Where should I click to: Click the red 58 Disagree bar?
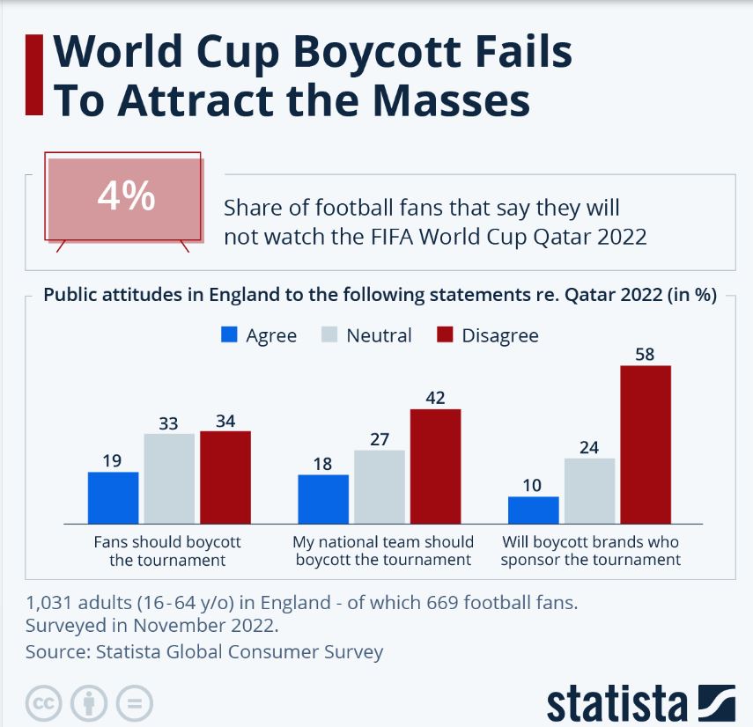(646, 444)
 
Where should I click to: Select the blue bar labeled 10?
(534, 510)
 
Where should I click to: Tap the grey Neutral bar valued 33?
(169, 479)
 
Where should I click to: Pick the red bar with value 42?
(435, 466)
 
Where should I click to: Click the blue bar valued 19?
(114, 498)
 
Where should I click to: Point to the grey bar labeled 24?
(589, 491)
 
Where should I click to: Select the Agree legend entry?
(259, 335)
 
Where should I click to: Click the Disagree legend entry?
(488, 335)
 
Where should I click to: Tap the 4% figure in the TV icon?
(126, 197)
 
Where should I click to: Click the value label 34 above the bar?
(225, 421)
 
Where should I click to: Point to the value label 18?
(322, 464)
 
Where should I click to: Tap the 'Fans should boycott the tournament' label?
(167, 551)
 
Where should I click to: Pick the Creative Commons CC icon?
(43, 702)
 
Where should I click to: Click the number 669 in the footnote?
(405, 604)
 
